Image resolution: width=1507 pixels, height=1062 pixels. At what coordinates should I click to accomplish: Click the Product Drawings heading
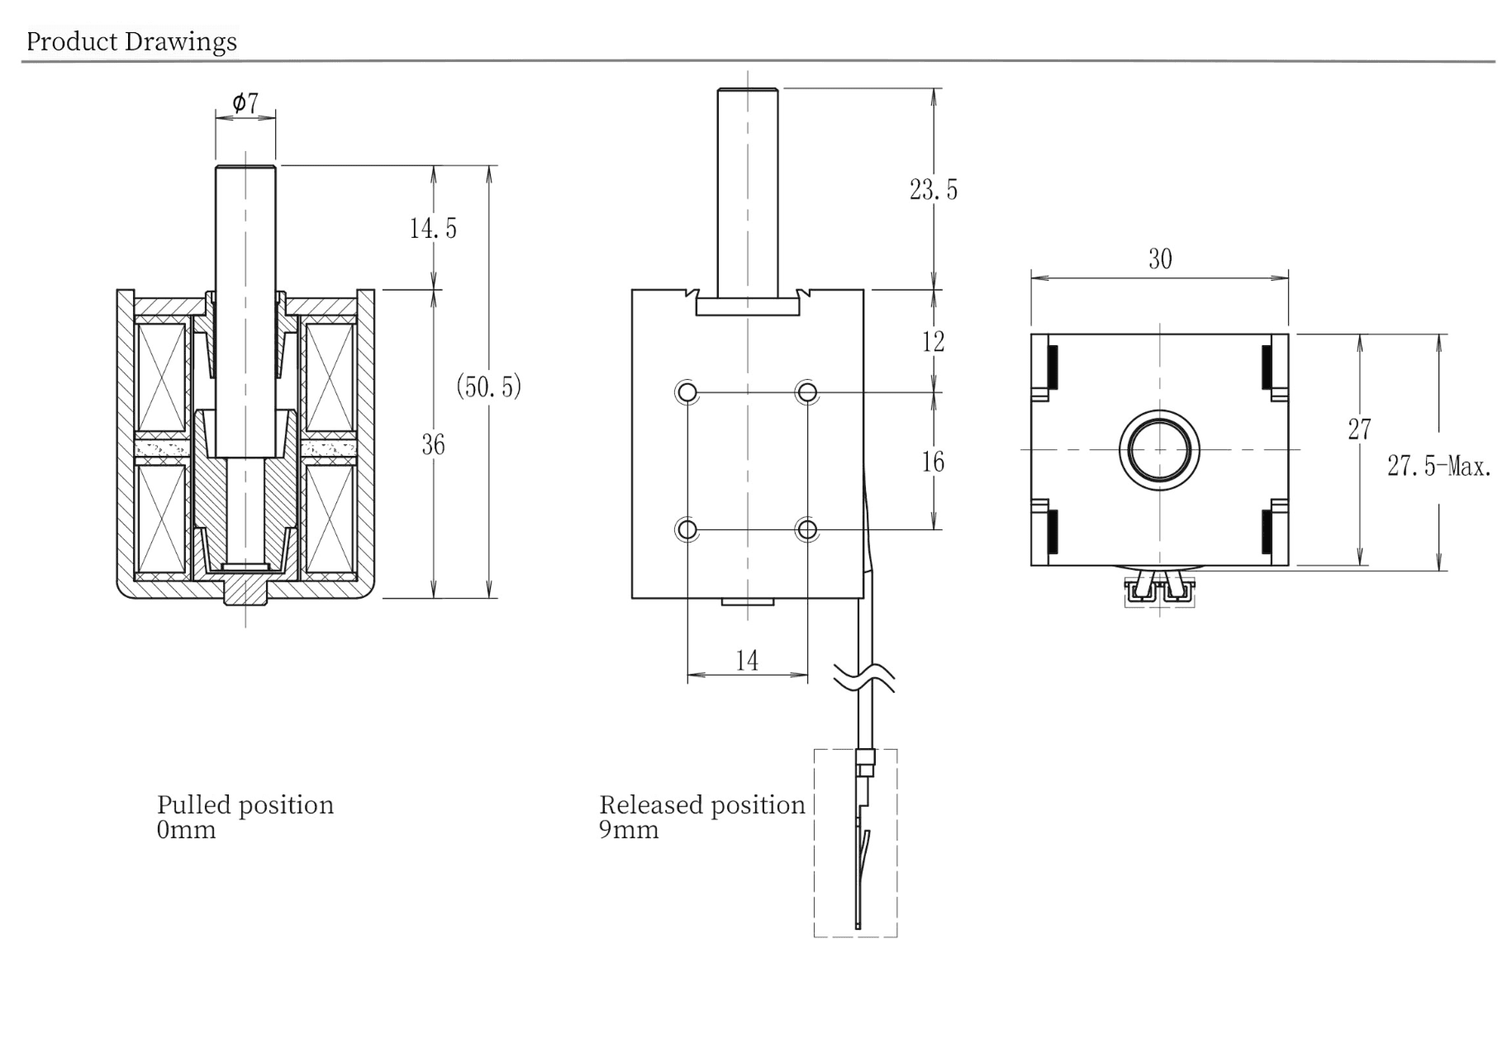131,41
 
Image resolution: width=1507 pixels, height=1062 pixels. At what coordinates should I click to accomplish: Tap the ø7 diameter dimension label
245,103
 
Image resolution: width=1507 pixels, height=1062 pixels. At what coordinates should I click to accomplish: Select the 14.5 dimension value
433,228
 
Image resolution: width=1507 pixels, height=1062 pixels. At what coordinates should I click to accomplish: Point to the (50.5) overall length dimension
489,386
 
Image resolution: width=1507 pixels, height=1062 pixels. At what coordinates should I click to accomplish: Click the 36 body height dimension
433,445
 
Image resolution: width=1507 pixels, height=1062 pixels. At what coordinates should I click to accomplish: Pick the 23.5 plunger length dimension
934,190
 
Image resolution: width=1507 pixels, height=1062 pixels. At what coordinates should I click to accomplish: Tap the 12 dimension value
933,342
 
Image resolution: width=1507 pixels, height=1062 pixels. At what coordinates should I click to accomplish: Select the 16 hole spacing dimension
933,462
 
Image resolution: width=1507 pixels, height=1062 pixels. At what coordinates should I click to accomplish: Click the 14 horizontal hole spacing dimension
747,661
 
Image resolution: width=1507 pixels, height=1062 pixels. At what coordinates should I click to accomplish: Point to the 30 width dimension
1160,259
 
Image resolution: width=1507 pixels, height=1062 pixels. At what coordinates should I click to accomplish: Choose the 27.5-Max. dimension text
1439,467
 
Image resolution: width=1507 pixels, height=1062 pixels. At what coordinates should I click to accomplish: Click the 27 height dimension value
1359,429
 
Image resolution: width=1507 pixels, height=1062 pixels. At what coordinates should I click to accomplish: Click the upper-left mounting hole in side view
687,392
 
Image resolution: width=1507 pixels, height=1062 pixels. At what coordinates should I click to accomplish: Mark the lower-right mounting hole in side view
807,529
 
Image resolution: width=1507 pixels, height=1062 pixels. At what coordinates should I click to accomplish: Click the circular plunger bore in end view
1159,449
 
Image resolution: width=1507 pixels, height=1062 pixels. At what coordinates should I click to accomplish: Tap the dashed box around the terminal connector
855,842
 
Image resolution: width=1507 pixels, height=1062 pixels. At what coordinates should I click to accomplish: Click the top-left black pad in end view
1053,366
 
